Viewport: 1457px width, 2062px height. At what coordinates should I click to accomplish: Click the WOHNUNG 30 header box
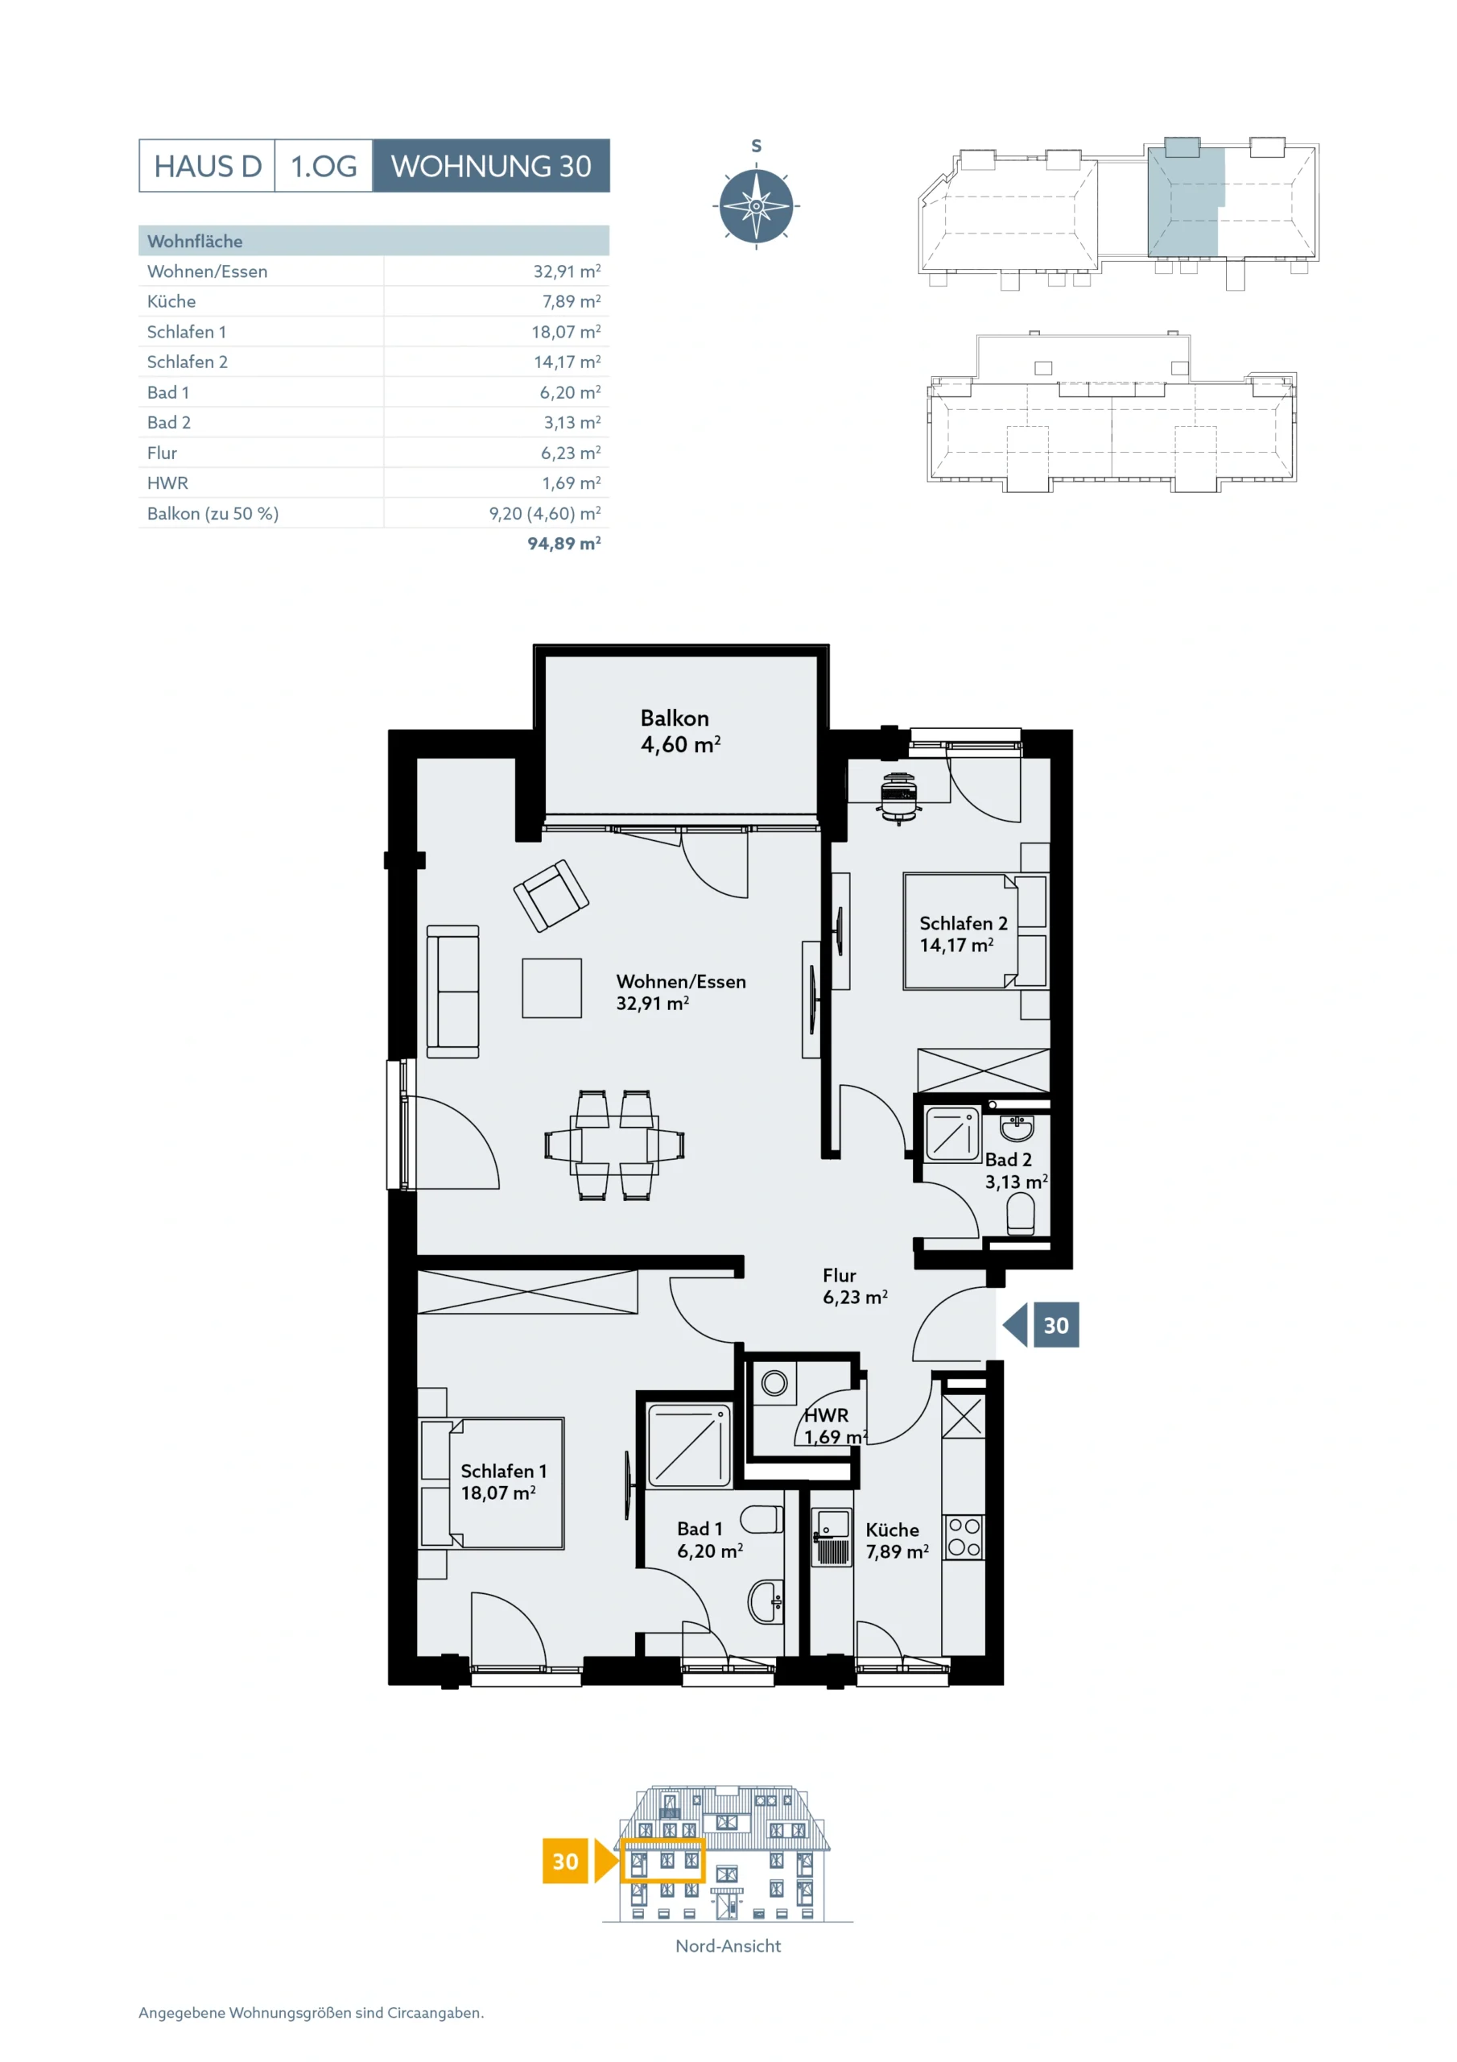click(x=491, y=165)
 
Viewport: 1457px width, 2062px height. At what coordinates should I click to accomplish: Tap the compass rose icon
click(x=756, y=205)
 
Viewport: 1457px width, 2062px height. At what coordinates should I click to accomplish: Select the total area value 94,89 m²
click(x=563, y=544)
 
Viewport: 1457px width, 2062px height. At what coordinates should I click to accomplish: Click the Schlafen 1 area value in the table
click(x=566, y=331)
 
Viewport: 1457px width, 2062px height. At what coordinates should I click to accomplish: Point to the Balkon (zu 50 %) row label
click(x=213, y=514)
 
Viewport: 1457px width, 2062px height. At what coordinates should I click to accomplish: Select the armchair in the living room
click(x=551, y=896)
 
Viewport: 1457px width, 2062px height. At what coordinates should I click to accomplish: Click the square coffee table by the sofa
click(x=552, y=988)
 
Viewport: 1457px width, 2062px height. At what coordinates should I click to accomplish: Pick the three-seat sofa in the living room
click(x=452, y=992)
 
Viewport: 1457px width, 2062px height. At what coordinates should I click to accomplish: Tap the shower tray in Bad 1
click(x=688, y=1446)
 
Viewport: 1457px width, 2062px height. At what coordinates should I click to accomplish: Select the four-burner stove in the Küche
click(x=964, y=1537)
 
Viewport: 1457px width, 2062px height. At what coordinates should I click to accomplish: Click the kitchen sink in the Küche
click(x=832, y=1537)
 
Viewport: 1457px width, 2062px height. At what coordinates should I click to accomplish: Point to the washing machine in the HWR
click(x=774, y=1383)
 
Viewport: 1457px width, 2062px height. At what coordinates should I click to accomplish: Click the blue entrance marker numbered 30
click(x=1042, y=1325)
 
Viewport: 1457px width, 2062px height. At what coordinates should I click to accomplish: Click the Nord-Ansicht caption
click(x=728, y=1946)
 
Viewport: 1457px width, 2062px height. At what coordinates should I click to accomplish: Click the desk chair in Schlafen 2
click(x=898, y=797)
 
